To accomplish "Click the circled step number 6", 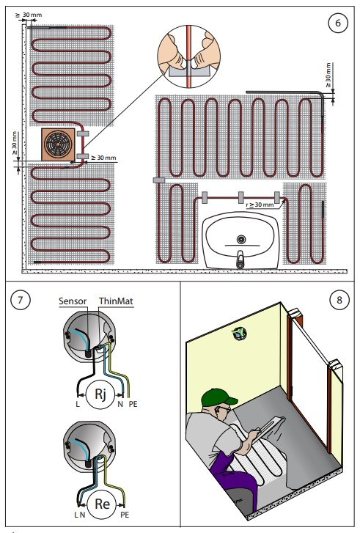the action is pyautogui.click(x=337, y=23).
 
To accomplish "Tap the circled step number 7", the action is pyautogui.click(x=21, y=300).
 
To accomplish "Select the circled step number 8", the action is pyautogui.click(x=339, y=300).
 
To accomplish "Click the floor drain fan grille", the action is pyautogui.click(x=58, y=144).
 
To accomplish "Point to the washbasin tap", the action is pyautogui.click(x=240, y=260).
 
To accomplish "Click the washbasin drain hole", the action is pyautogui.click(x=241, y=239).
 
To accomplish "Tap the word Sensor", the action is pyautogui.click(x=73, y=301).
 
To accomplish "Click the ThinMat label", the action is pyautogui.click(x=116, y=301).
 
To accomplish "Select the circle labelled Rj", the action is pyautogui.click(x=100, y=394).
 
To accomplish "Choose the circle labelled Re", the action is pyautogui.click(x=102, y=504).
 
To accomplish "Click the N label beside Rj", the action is pyautogui.click(x=120, y=404).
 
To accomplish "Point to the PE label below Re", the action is pyautogui.click(x=125, y=515).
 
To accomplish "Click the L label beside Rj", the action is pyautogui.click(x=78, y=404).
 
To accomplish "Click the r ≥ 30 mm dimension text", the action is pyautogui.click(x=260, y=205).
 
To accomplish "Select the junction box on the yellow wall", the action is pyautogui.click(x=239, y=334).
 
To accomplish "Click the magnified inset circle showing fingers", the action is pyautogui.click(x=188, y=56).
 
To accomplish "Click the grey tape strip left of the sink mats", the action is pyautogui.click(x=159, y=180).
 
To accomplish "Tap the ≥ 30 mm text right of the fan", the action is pyautogui.click(x=103, y=158).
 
